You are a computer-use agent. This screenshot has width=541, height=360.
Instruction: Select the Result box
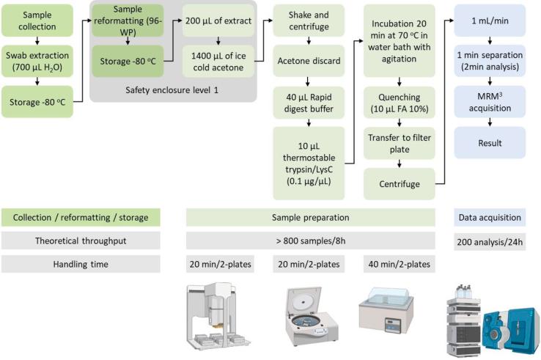[490, 143]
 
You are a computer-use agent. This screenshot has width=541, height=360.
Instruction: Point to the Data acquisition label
[490, 217]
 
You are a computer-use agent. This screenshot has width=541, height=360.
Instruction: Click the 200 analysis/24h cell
[490, 240]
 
